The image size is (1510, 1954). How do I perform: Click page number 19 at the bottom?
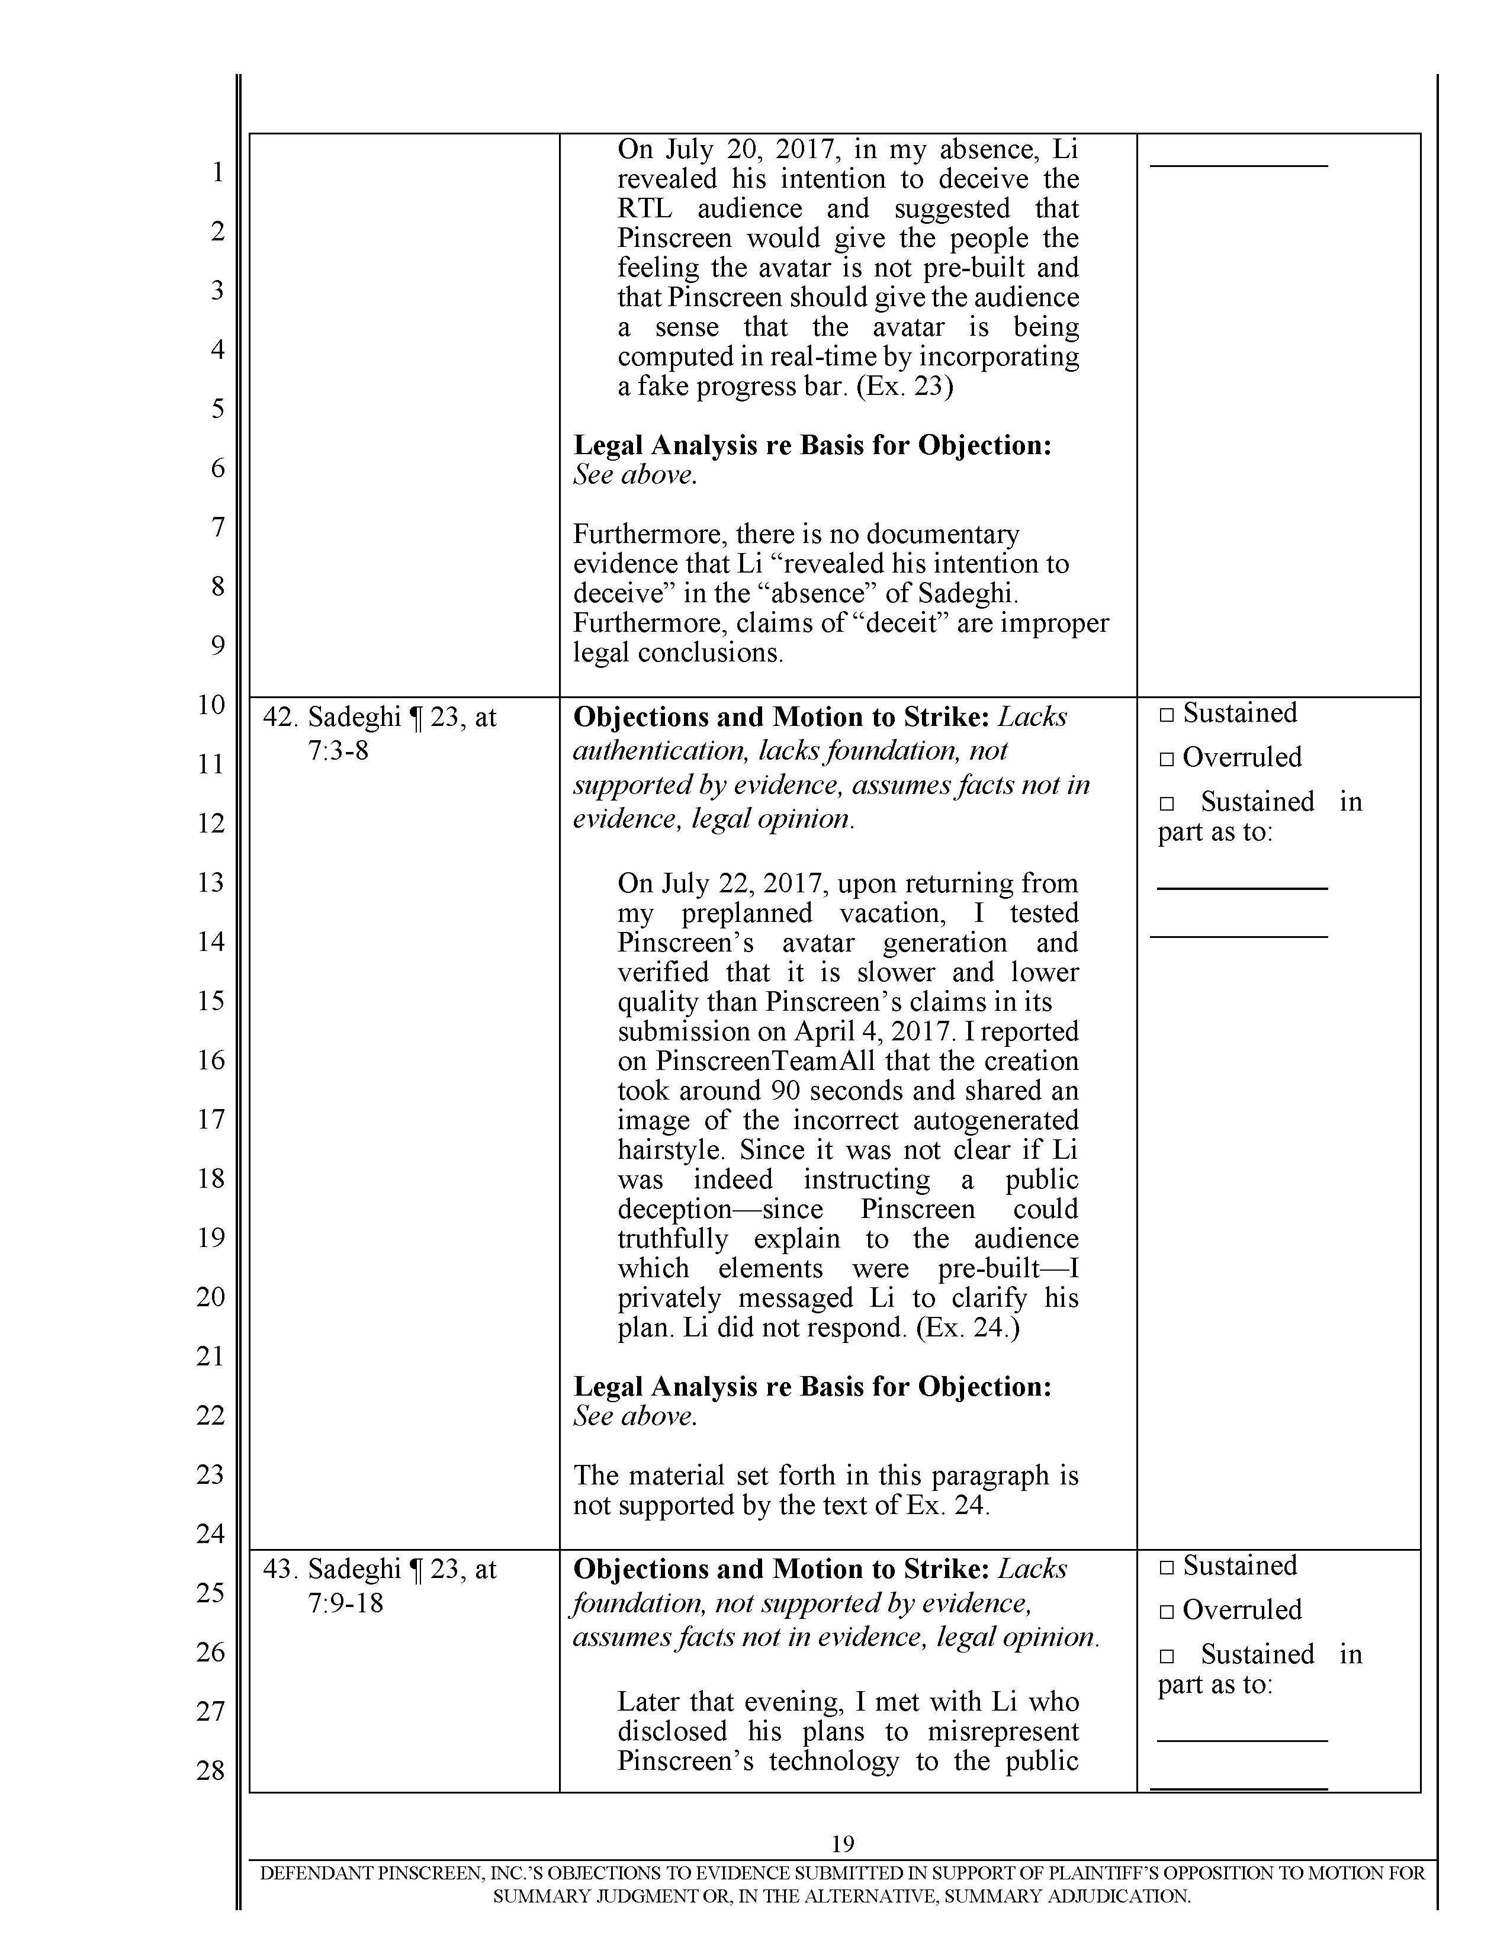(843, 1844)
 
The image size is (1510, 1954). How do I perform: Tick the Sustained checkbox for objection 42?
(1165, 715)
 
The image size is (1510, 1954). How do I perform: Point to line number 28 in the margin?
(211, 1770)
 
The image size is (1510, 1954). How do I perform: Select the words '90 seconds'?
(818, 1091)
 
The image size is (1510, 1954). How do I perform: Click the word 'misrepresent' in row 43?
(1003, 1731)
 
